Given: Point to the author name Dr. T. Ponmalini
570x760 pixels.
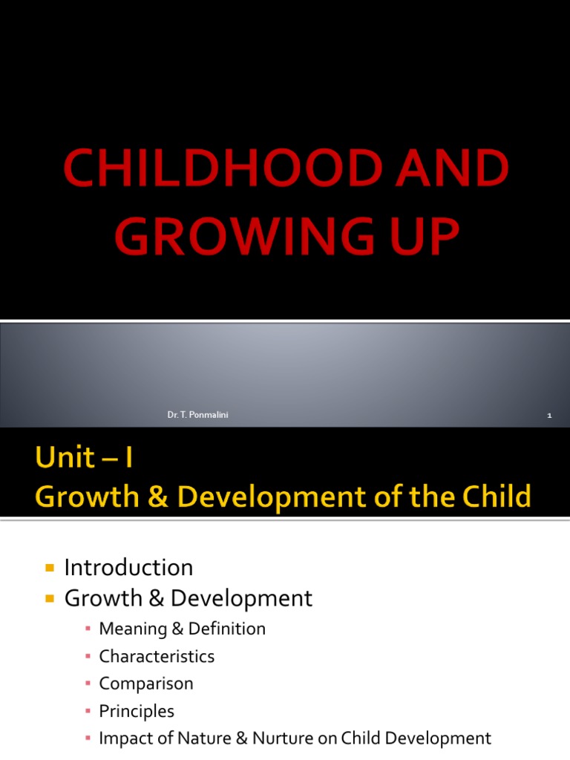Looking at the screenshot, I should click(198, 415).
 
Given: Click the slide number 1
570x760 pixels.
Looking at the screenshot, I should click(549, 416).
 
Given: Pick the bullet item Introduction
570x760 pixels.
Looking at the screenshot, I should click(128, 568).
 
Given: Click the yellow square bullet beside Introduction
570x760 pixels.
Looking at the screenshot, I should click(50, 569).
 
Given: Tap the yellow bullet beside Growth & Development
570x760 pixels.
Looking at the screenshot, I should click(50, 598).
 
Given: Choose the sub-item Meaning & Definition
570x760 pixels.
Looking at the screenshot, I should click(182, 629).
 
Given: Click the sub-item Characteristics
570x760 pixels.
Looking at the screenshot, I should click(157, 657).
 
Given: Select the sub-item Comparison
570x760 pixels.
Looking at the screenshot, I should click(145, 684).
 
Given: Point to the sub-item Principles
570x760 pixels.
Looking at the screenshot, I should click(137, 711).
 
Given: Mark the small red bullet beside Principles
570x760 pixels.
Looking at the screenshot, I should click(88, 712).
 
